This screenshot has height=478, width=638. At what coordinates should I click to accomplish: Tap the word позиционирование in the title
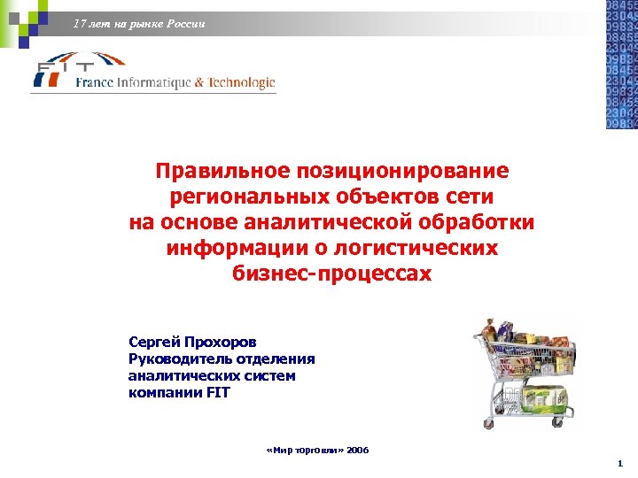[403, 170]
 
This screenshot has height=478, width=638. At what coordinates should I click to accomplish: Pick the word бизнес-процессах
[332, 274]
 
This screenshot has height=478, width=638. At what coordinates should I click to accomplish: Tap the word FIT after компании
[218, 392]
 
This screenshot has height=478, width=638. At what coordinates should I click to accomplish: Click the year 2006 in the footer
[358, 451]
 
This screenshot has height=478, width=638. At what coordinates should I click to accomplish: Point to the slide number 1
[620, 464]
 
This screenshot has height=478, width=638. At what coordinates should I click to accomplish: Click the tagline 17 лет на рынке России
[140, 24]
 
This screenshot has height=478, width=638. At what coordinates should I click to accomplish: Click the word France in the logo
[94, 82]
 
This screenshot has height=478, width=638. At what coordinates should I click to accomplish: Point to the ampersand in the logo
[200, 82]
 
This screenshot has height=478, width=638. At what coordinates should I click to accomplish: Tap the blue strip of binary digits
[620, 64]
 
